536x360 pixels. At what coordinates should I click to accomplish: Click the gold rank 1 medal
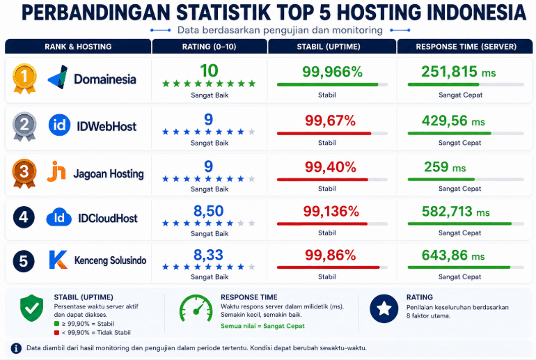click(x=24, y=78)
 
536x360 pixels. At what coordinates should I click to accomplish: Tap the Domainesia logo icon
click(x=58, y=77)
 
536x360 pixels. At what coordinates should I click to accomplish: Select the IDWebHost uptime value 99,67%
click(x=330, y=120)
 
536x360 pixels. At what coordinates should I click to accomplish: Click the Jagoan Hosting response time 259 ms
click(x=445, y=167)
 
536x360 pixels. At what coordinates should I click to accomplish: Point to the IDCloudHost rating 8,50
click(x=209, y=211)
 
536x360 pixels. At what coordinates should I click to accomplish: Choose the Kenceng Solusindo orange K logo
click(x=58, y=260)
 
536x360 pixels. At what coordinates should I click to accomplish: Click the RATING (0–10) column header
click(x=210, y=47)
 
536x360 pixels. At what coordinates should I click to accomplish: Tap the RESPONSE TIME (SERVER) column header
click(x=466, y=47)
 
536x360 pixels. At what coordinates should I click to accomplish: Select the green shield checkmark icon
click(x=32, y=308)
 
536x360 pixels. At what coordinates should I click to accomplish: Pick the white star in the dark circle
click(x=384, y=308)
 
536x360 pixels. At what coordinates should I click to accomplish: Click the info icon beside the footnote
click(x=16, y=348)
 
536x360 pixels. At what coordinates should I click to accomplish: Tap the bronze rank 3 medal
click(x=24, y=173)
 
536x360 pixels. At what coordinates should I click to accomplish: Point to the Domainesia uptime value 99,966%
click(x=332, y=72)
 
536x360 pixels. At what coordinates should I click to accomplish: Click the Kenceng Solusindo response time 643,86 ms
click(x=453, y=256)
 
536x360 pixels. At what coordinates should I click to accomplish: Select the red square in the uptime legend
click(x=57, y=332)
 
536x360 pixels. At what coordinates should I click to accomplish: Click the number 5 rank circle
click(x=24, y=261)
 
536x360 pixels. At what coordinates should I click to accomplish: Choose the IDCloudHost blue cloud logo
click(x=58, y=217)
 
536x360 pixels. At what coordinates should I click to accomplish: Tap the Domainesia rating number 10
click(x=209, y=71)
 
